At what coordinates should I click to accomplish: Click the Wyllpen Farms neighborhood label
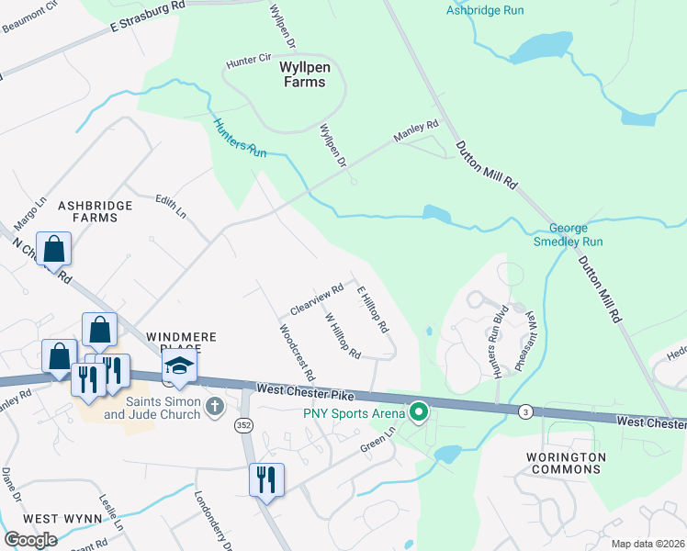(303, 74)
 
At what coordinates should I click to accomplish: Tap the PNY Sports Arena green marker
(420, 413)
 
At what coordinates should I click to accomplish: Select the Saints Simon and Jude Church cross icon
(214, 405)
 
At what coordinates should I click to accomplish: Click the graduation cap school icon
(180, 366)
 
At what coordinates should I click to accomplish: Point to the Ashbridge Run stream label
(484, 10)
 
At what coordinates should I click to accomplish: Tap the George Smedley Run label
(575, 235)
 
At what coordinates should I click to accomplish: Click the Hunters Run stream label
(240, 139)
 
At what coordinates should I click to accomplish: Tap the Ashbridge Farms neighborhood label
(88, 210)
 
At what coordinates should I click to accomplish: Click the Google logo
(30, 540)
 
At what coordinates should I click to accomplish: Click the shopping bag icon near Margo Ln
(54, 249)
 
